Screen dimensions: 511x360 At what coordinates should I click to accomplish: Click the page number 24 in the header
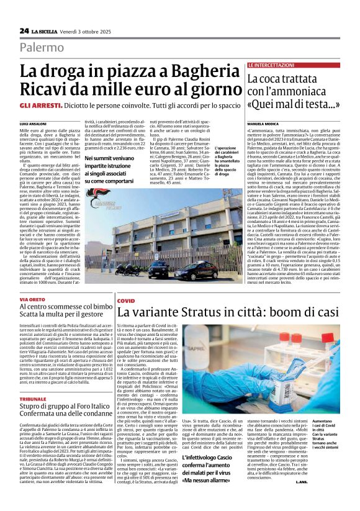[24, 30]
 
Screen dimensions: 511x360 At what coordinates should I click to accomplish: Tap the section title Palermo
[42, 47]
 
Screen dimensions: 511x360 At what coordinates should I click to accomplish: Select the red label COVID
[125, 300]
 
